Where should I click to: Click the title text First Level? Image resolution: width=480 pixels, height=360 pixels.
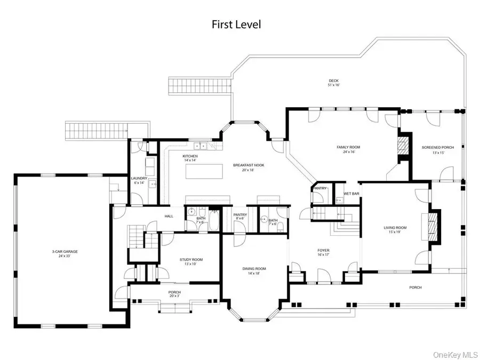coord(236,25)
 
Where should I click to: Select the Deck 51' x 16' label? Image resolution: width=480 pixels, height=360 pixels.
coord(334,83)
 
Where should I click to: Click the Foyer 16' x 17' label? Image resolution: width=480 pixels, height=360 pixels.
coord(323,252)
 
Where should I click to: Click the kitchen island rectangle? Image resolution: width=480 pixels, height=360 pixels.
coord(204,172)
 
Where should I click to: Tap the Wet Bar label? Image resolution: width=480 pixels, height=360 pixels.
coord(350,193)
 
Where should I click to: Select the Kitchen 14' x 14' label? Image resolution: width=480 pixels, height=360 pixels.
coord(191,158)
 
